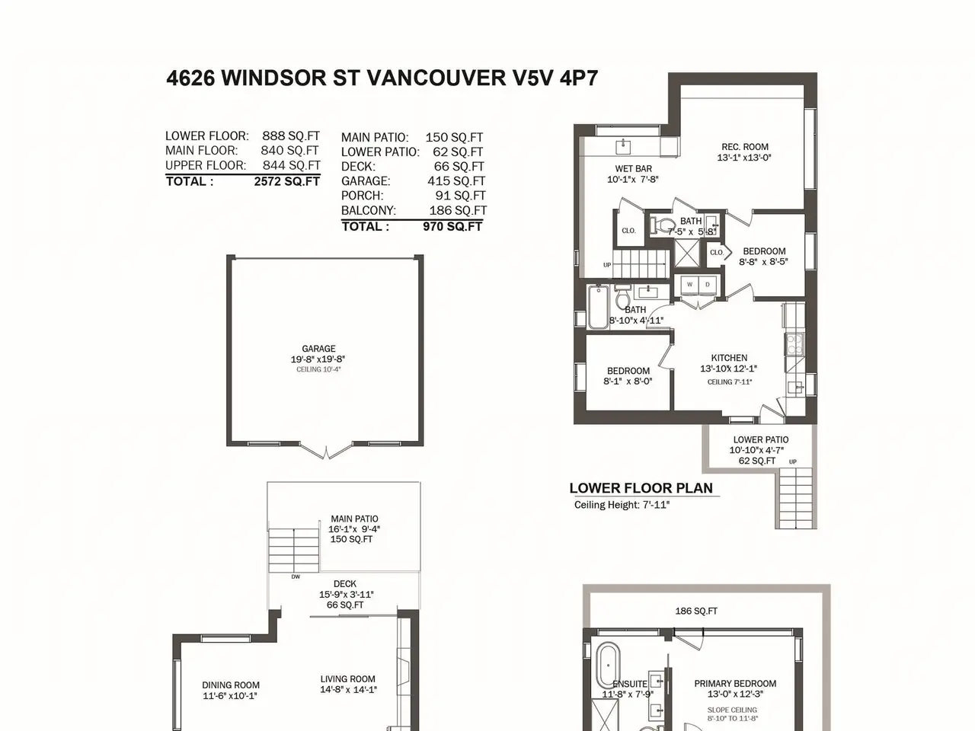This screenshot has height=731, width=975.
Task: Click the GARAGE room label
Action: pyautogui.click(x=318, y=349)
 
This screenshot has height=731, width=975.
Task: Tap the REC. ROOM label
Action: pyautogui.click(x=745, y=147)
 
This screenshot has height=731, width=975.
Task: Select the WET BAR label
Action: pyautogui.click(x=634, y=168)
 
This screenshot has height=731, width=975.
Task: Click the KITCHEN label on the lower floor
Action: pyautogui.click(x=729, y=358)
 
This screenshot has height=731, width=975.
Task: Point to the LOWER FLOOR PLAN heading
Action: pyautogui.click(x=641, y=488)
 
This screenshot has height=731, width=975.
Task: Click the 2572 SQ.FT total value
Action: pyautogui.click(x=287, y=181)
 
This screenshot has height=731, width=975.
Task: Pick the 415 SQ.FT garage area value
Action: pyautogui.click(x=456, y=181)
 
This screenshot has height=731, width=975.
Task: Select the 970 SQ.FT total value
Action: pyautogui.click(x=452, y=227)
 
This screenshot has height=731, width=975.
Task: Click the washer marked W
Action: pyautogui.click(x=689, y=285)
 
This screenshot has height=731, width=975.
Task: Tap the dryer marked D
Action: pyautogui.click(x=708, y=285)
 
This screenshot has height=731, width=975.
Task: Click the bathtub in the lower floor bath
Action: pyautogui.click(x=598, y=307)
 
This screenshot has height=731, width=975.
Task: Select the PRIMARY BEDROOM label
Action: pyautogui.click(x=735, y=684)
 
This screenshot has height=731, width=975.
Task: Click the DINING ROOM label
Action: pyautogui.click(x=231, y=685)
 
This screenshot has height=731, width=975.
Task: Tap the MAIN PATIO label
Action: pyautogui.click(x=354, y=519)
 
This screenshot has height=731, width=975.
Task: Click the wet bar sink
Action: pyautogui.click(x=624, y=146)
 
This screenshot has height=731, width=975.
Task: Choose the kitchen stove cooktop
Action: pyautogui.click(x=793, y=344)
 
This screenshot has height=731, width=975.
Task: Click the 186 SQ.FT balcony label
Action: pyautogui.click(x=696, y=611)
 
